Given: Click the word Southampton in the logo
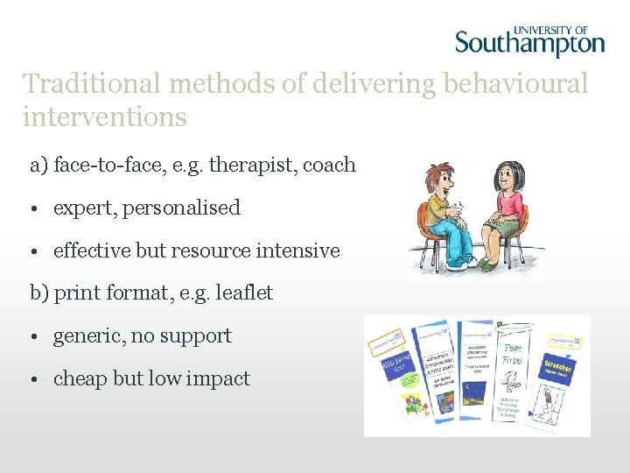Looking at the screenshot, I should coord(529,43).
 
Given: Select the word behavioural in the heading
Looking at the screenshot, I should coord(516,84).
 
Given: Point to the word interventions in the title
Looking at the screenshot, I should coord(105,116).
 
